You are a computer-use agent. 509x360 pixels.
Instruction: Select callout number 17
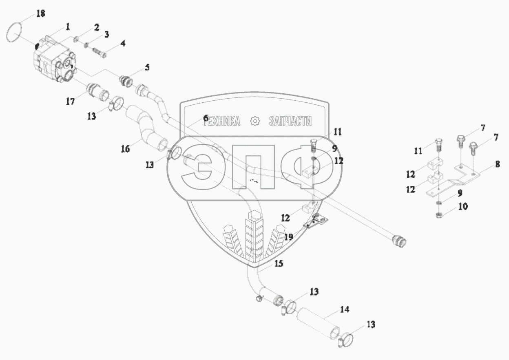coord(71,101)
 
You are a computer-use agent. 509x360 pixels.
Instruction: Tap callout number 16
coord(125,149)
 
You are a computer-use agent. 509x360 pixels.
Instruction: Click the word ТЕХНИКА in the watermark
coord(223,121)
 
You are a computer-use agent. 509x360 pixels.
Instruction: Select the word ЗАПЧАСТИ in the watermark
coord(290,121)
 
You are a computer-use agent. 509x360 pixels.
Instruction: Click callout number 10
coord(463,206)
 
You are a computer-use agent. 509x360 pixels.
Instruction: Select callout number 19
coord(289,237)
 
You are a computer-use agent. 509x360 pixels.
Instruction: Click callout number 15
coord(279,264)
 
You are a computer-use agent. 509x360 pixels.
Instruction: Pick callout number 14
coord(345,309)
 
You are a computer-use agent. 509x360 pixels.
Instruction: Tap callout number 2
coord(96,27)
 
